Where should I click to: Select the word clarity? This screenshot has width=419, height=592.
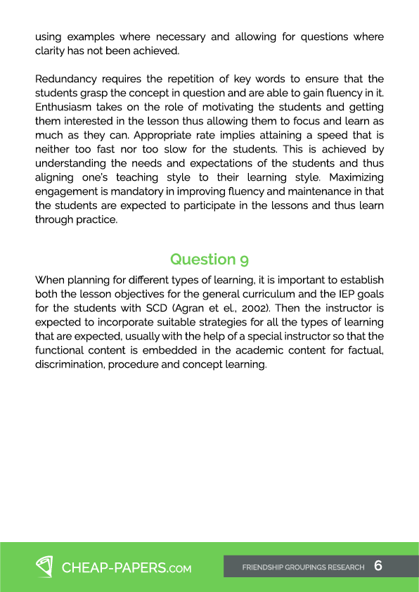coord(49,51)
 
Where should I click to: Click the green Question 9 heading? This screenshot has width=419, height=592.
coord(209,259)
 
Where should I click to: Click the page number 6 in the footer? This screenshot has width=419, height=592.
coord(378,565)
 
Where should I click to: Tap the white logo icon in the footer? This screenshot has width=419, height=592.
coord(45,567)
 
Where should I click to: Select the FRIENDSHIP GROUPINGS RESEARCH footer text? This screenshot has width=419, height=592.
coord(303,567)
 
